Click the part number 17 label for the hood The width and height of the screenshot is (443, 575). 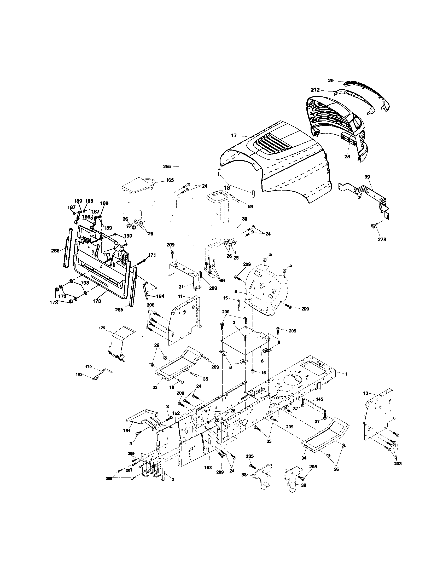(234, 136)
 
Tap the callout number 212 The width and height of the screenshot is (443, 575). (315, 90)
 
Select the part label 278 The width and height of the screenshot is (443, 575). (382, 239)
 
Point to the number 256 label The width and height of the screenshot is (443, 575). (167, 166)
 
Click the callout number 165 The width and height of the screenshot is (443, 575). (170, 180)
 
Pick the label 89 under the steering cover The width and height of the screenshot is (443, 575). (250, 206)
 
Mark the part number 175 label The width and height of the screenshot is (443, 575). (102, 328)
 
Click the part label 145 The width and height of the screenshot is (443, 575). (319, 399)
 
